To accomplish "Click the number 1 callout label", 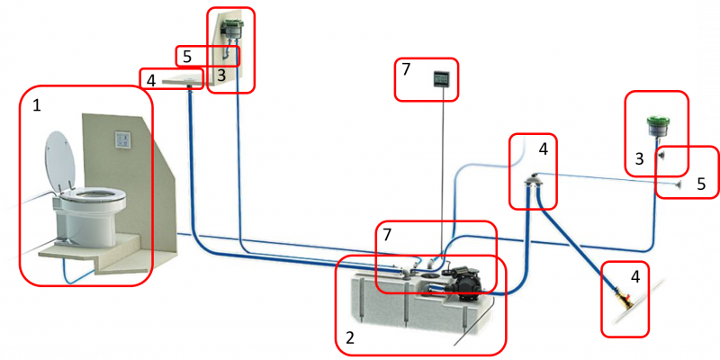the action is pos(37,105).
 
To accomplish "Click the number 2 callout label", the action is pos(350,339).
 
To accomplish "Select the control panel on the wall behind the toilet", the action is pos(122,139).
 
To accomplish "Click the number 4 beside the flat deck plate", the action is pos(151,81).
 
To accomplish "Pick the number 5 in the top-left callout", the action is pos(187,58).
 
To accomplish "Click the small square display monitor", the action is pos(442,79).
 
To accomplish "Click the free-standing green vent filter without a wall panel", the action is pos(657,126).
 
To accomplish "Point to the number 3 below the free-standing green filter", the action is pos(639,159).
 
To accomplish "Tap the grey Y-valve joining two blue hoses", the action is pos(534,182).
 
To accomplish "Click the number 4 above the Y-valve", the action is pos(544,149).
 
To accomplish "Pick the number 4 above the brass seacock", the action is pos(635,276).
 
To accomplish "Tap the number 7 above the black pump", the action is pos(387,235).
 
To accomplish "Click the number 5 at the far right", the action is pos(701,184).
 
